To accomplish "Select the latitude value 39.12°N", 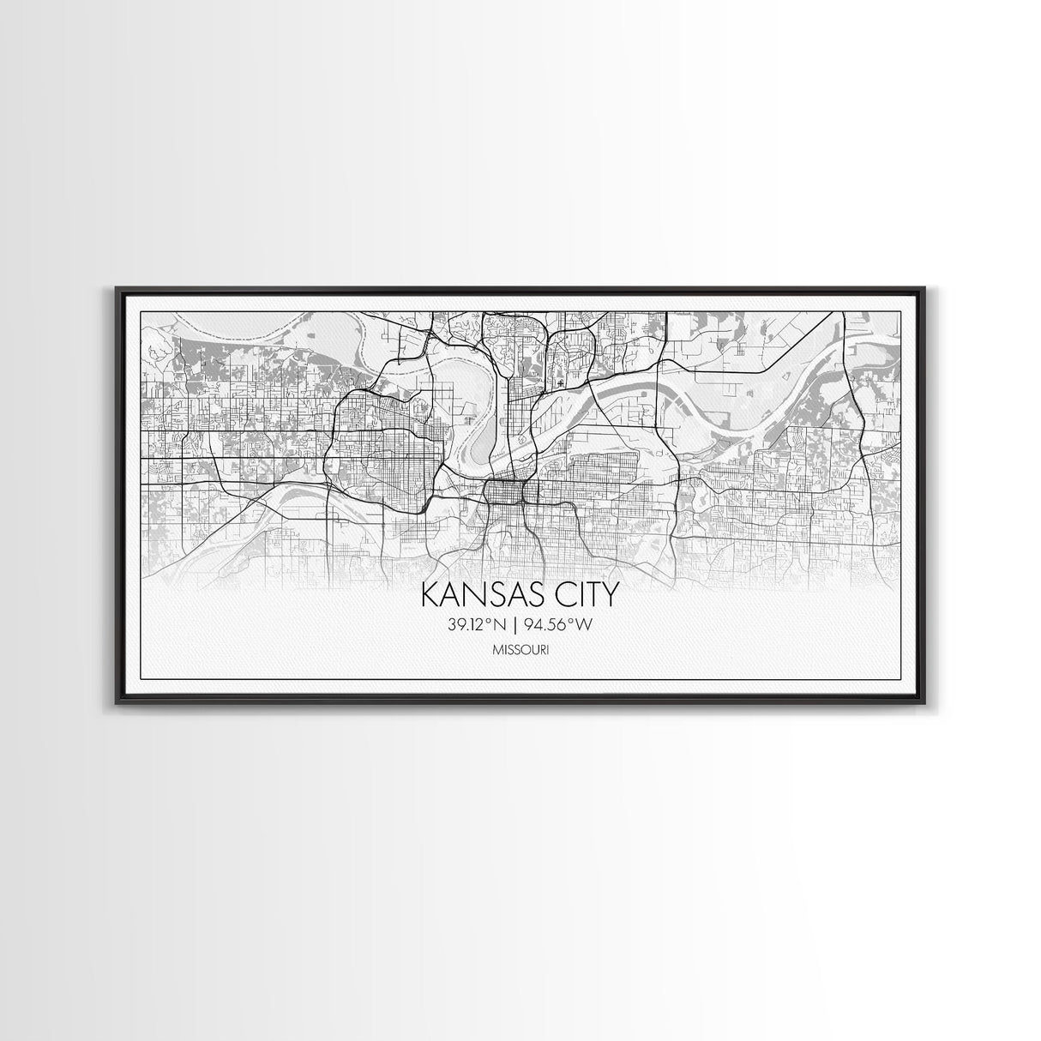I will click(x=478, y=625).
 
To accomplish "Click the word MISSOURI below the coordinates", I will click(x=520, y=651).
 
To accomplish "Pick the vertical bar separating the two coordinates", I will click(x=520, y=625).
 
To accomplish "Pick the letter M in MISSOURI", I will click(x=496, y=651).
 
